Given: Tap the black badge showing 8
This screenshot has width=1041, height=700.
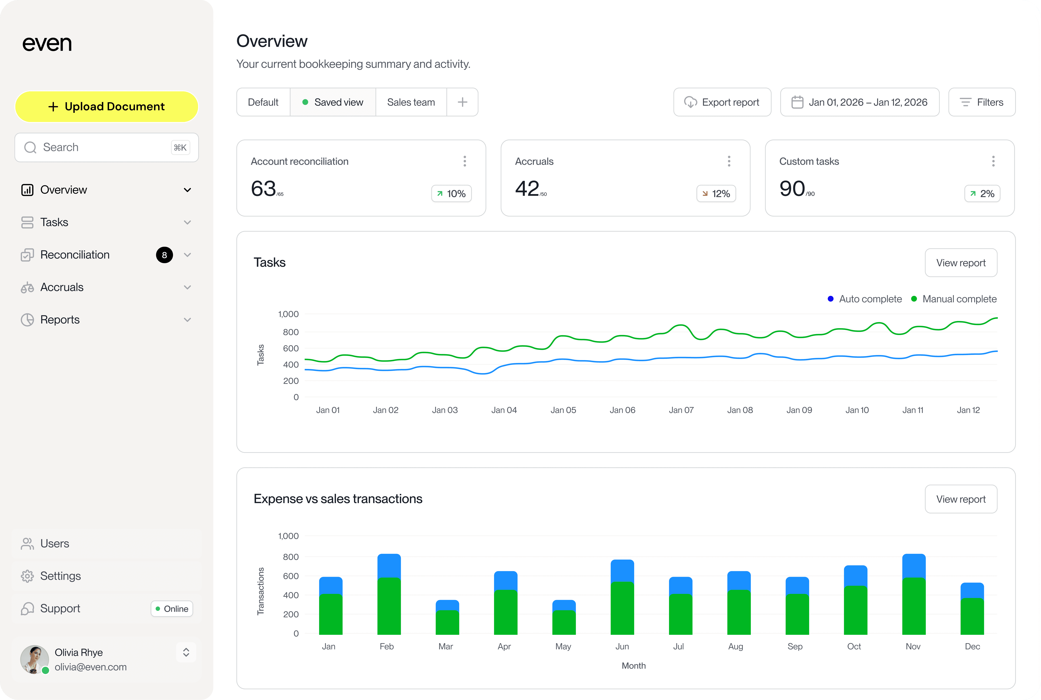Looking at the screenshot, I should click(x=164, y=255).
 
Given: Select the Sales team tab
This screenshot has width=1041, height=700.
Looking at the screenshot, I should click(x=411, y=102).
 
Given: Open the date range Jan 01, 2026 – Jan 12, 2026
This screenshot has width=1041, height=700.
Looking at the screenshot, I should click(x=860, y=102).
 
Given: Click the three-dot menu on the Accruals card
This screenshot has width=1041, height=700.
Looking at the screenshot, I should click(x=729, y=161).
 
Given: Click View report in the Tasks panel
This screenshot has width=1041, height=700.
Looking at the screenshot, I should click(x=961, y=263).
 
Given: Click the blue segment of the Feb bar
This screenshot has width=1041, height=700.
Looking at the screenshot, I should click(x=389, y=566).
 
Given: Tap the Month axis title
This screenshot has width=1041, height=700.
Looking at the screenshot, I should click(x=633, y=666).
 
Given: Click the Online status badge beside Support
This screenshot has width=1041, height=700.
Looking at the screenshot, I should click(x=172, y=609).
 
